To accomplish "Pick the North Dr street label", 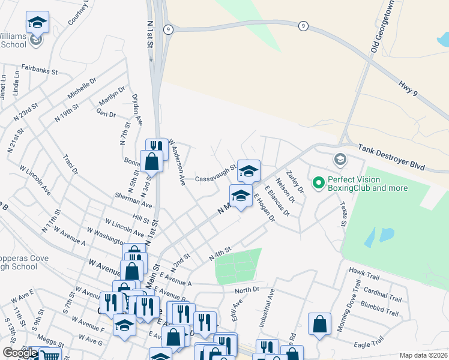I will coord(247,290).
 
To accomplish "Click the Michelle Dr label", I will coord(82,88).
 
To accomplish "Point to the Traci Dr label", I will coord(71,164).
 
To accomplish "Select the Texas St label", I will coord(343,214).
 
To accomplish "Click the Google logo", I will coord(20,353).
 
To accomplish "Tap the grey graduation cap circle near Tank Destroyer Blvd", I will coord(340,159).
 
